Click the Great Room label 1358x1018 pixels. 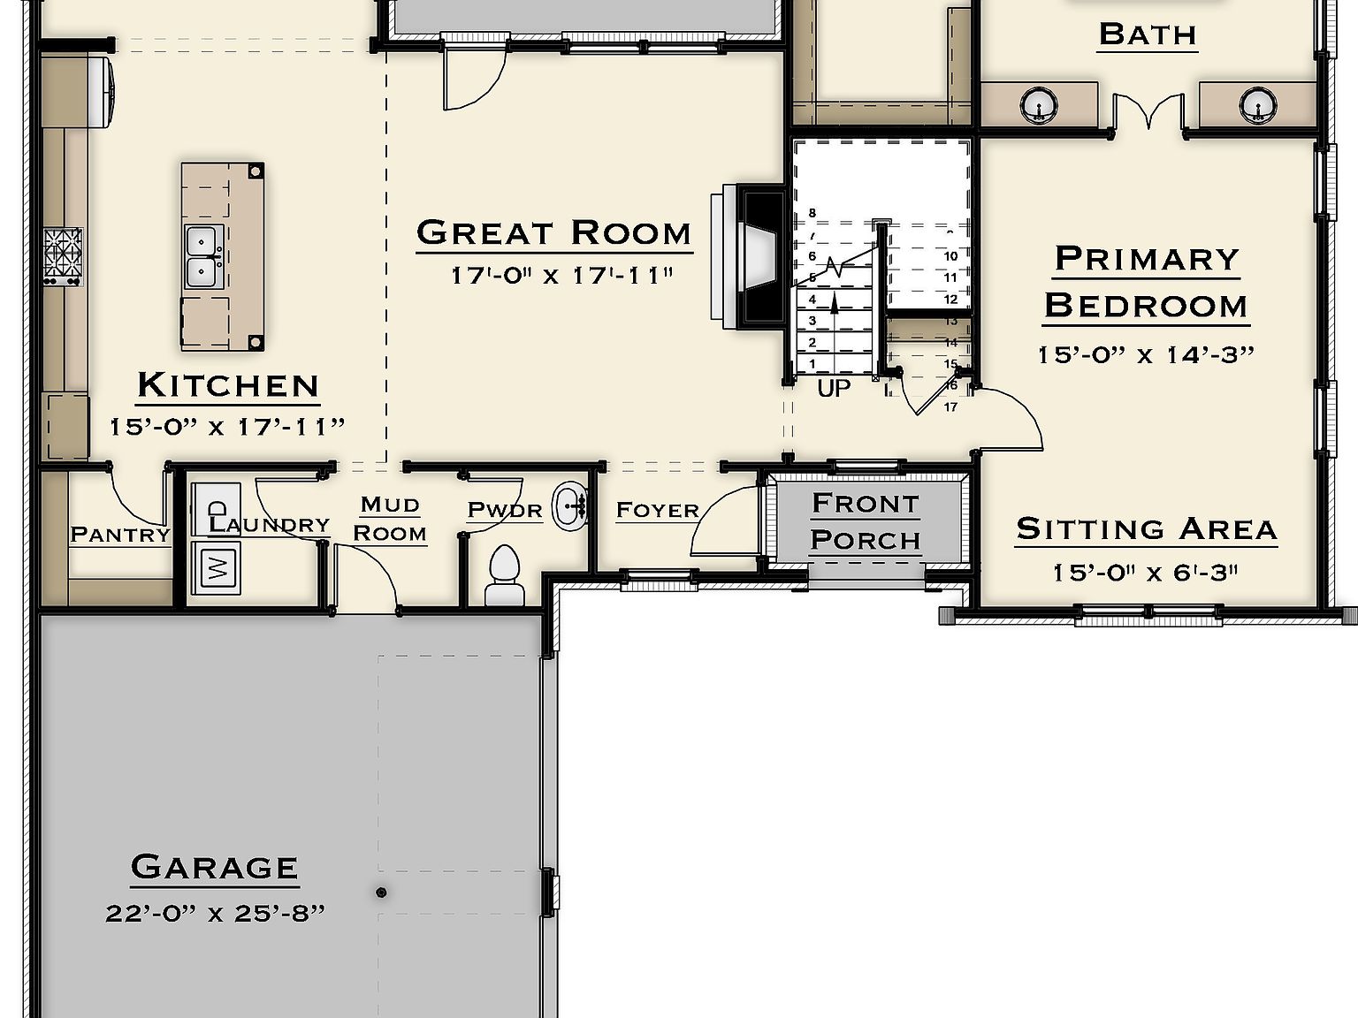[553, 233]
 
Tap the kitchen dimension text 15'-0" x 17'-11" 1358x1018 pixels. [226, 427]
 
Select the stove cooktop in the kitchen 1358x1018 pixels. [63, 255]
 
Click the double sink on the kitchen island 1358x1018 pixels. [203, 256]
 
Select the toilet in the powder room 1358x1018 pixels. [505, 574]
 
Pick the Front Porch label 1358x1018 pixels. [866, 521]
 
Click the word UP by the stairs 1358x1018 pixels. [833, 389]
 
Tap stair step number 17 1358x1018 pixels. [950, 407]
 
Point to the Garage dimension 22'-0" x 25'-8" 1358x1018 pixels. [215, 913]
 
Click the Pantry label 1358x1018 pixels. [119, 535]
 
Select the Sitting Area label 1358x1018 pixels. [1146, 529]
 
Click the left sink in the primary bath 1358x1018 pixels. [1039, 105]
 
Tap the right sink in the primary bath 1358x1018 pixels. [1257, 105]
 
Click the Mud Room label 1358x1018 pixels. [390, 519]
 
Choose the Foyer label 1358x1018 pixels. [657, 511]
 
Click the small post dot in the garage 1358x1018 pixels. [381, 893]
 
